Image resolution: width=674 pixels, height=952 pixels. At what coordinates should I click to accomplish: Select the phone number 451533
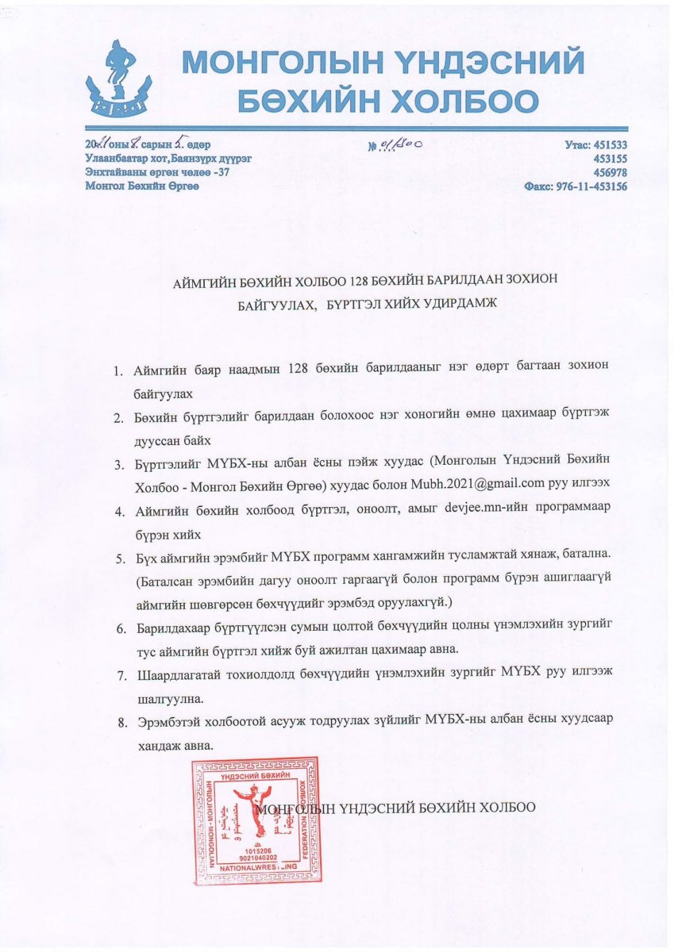tap(607, 145)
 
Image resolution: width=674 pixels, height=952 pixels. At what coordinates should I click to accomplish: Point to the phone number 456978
tap(607, 172)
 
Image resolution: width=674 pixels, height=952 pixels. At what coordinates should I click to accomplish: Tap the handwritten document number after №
tap(405, 146)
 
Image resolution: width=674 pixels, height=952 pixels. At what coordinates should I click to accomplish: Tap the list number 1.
tap(118, 371)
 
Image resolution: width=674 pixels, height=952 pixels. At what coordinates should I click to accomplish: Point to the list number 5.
tap(118, 559)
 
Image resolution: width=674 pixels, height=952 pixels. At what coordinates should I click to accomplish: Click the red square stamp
tap(256, 820)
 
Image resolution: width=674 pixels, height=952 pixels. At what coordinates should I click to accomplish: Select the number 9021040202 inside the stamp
tap(256, 858)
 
